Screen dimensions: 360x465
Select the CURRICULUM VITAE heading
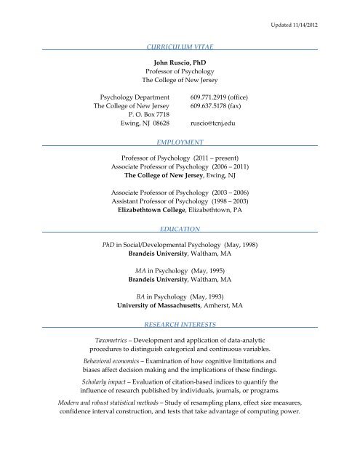(179, 45)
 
